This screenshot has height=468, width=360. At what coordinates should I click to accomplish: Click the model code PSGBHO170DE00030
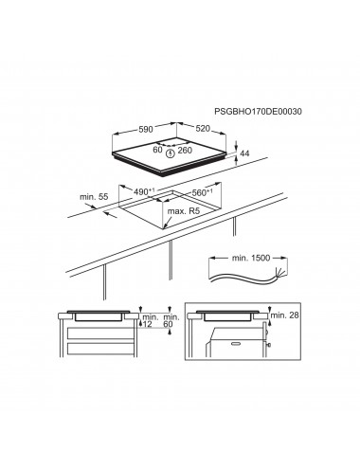[258, 111]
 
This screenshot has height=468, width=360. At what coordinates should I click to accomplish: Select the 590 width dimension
[146, 129]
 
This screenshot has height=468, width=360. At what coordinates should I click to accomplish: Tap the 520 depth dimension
[203, 129]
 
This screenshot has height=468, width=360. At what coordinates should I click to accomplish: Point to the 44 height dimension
[244, 153]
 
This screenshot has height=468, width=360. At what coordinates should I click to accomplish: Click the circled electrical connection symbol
[171, 153]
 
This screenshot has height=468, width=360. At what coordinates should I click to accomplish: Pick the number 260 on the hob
[185, 151]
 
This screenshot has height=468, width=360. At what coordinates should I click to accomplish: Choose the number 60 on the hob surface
[157, 150]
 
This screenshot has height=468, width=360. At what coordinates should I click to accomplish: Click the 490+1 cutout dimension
[144, 191]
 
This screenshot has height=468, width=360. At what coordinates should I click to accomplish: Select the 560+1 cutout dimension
[202, 192]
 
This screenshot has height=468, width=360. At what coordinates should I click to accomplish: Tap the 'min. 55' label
[94, 196]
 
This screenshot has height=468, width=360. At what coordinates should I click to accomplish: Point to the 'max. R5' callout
[184, 211]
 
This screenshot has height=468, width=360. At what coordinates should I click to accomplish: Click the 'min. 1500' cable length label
[251, 258]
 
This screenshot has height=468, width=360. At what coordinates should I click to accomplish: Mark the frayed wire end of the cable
[281, 272]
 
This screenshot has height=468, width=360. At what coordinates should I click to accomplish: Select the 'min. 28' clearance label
[285, 315]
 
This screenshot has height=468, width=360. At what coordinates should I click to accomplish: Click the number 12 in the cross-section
[148, 324]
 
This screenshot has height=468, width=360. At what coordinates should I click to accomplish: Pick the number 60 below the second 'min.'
[168, 324]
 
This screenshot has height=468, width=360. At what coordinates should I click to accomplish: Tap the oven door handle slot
[236, 343]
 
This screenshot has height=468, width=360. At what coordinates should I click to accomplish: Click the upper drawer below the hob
[100, 333]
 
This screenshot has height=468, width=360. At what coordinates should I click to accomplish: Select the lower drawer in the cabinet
[100, 348]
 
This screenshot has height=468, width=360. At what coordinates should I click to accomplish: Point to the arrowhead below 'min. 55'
[108, 214]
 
